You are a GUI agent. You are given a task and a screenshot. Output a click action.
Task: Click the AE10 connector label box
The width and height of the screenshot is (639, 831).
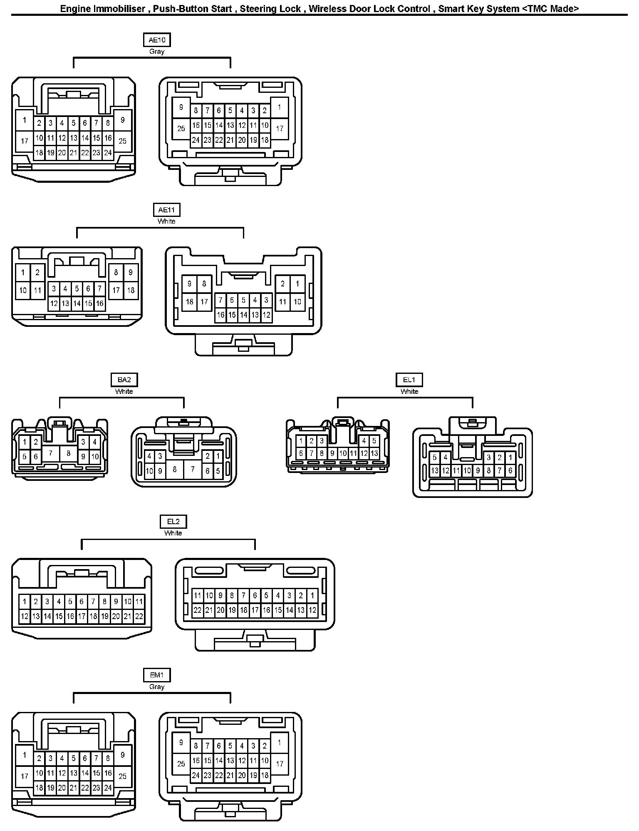point(156,40)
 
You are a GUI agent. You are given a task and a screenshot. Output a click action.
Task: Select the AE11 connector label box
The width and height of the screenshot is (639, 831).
point(166,210)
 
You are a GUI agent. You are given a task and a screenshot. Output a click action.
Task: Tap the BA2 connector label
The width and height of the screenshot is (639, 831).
point(124,380)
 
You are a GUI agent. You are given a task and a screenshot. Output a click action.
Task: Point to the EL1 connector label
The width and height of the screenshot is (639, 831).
point(409,380)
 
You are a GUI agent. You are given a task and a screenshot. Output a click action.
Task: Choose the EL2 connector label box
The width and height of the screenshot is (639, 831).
point(173,521)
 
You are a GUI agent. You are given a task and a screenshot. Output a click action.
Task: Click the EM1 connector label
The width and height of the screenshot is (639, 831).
point(156,675)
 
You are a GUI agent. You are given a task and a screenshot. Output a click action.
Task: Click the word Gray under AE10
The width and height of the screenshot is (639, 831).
point(156,52)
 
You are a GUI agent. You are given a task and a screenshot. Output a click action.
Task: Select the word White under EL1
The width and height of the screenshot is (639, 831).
point(409,391)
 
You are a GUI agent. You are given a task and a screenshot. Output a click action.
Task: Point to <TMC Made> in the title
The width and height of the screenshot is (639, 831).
point(550,9)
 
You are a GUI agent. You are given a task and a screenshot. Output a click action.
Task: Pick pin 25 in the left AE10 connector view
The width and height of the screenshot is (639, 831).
point(122,141)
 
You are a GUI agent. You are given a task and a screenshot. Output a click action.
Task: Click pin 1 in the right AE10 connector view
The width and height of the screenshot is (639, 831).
point(280,107)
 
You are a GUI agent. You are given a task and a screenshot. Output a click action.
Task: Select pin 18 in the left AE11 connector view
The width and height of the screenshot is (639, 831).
point(131,290)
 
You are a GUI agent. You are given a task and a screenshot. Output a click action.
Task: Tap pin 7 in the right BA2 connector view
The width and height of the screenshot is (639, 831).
point(193,469)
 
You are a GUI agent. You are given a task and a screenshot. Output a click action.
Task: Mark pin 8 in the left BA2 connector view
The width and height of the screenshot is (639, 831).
point(68,453)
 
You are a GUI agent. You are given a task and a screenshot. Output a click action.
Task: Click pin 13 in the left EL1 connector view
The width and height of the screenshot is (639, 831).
point(374,453)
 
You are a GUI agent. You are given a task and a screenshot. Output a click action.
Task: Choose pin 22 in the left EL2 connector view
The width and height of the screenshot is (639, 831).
point(139,616)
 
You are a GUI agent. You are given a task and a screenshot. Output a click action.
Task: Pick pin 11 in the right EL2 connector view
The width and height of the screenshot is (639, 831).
point(198,595)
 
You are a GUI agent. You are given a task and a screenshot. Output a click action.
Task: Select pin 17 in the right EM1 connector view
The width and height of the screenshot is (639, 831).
point(280,764)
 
